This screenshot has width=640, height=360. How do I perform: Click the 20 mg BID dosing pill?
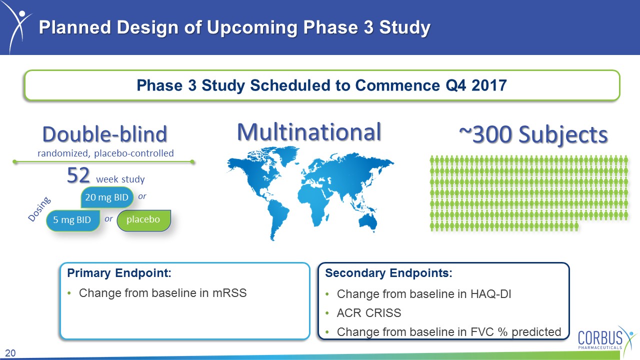click(x=107, y=197)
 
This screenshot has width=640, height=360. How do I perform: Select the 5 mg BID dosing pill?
click(x=73, y=220)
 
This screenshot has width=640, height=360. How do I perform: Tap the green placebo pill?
click(x=144, y=220)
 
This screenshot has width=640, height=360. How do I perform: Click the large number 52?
click(x=78, y=175)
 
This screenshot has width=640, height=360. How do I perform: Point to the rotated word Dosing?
click(x=39, y=209)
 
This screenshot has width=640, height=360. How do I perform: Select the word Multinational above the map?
click(x=309, y=132)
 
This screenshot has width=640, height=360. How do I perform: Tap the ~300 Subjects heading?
click(x=533, y=134)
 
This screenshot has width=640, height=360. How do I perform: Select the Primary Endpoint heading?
click(x=119, y=273)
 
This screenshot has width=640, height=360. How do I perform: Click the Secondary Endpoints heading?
click(x=388, y=273)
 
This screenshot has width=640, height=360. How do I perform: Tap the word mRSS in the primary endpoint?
click(x=229, y=293)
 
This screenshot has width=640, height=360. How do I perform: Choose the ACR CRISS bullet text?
click(x=369, y=313)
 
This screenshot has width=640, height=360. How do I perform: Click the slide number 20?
click(x=10, y=353)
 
